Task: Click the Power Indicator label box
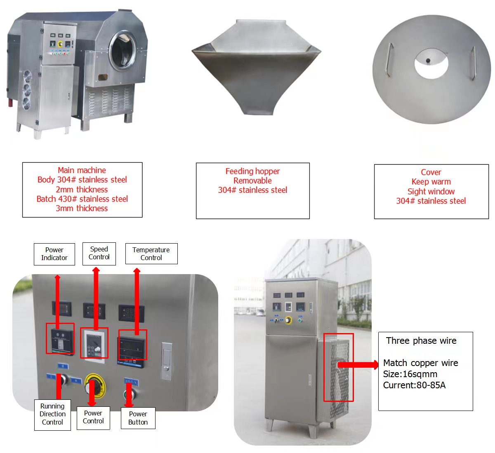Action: pos(54,254)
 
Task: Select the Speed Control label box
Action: pos(99,253)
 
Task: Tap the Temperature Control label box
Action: pos(151,254)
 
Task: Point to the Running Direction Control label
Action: pos(52,414)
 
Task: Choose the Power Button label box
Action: pos(138,418)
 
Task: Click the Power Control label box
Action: pos(93,417)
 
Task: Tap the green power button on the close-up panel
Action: pos(129,394)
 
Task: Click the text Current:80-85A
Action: pos(414,385)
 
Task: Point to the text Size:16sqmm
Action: pos(410,374)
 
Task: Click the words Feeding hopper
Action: pos(252,171)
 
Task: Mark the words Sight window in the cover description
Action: pos(431,191)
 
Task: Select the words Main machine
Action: pos(82,170)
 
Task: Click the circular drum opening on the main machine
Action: pos(123,50)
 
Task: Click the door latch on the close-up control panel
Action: pos(166,361)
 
